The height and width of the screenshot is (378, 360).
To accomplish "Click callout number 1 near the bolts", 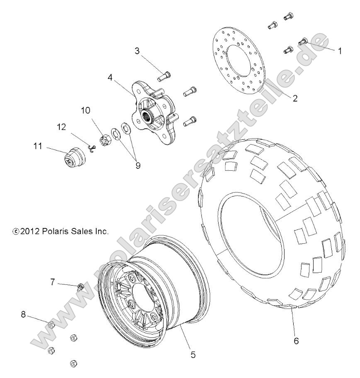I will tap(340, 52).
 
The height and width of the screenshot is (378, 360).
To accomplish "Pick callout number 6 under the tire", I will tap(296, 341).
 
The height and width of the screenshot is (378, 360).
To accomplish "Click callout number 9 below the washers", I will tap(137, 165).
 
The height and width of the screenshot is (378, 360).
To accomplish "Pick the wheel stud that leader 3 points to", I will tap(163, 76).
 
